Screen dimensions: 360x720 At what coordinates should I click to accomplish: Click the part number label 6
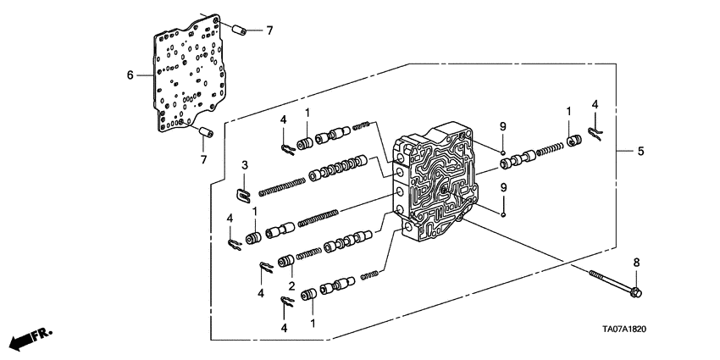click(130, 75)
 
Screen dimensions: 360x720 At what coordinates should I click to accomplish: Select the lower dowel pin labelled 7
click(206, 131)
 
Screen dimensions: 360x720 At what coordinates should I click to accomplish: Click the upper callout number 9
click(502, 125)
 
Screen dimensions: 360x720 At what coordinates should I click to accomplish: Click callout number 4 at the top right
click(595, 103)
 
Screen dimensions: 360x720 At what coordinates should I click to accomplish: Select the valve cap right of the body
click(573, 141)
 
